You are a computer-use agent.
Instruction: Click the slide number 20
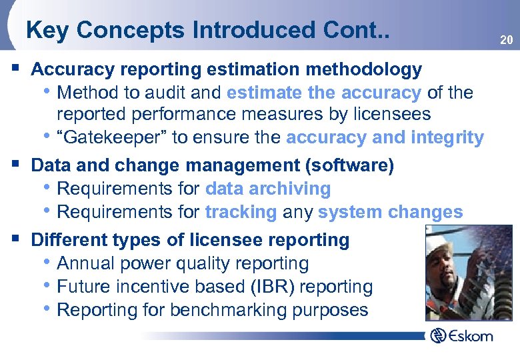point(507,41)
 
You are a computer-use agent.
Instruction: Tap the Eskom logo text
point(470,335)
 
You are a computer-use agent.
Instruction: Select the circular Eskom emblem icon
point(437,335)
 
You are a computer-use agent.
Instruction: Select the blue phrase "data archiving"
point(268,189)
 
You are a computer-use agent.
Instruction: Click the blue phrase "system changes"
point(390,213)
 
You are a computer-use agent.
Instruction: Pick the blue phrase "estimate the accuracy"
point(324,92)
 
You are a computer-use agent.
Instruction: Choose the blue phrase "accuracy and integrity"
point(385,138)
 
